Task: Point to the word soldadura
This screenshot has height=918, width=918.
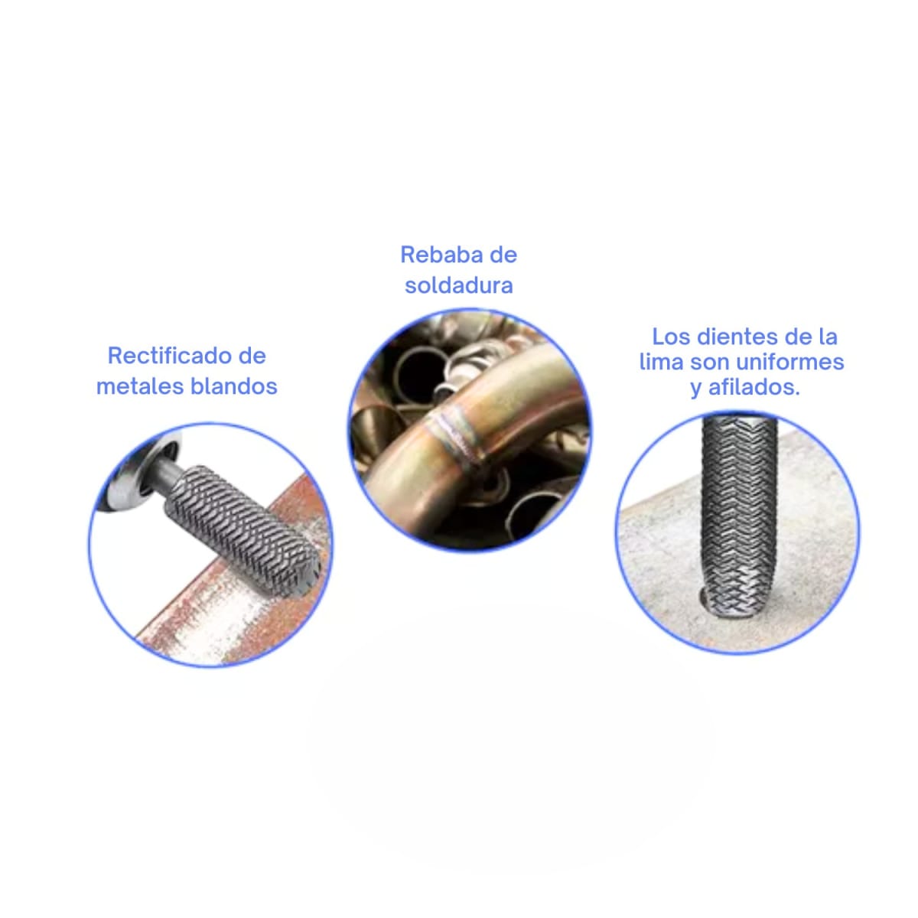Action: coord(458,285)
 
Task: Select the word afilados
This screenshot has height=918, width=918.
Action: coord(754,387)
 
